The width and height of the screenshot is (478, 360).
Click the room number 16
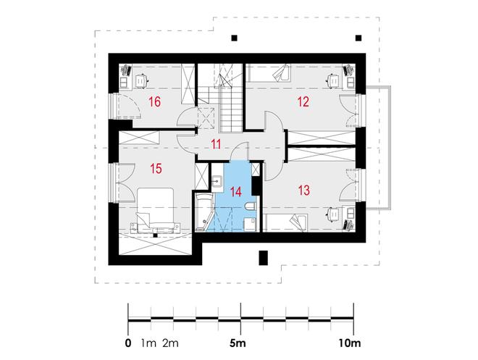154,102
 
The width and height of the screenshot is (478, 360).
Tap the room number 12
303,102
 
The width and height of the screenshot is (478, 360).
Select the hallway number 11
216,144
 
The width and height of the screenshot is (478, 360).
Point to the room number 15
156,168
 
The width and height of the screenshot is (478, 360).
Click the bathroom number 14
236,192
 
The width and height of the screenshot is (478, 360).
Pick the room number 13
303,191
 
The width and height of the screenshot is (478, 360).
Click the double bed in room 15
156,210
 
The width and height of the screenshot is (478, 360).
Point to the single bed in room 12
269,73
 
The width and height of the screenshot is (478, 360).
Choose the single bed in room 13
286,222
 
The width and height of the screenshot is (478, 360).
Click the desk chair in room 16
141,80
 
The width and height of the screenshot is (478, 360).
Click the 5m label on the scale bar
238,343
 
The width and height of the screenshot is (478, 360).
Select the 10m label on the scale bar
349,343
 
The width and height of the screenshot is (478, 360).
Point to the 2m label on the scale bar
170,343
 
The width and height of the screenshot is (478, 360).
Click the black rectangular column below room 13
264,258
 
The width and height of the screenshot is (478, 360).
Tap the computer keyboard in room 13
348,225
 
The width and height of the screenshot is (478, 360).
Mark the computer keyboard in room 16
126,70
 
